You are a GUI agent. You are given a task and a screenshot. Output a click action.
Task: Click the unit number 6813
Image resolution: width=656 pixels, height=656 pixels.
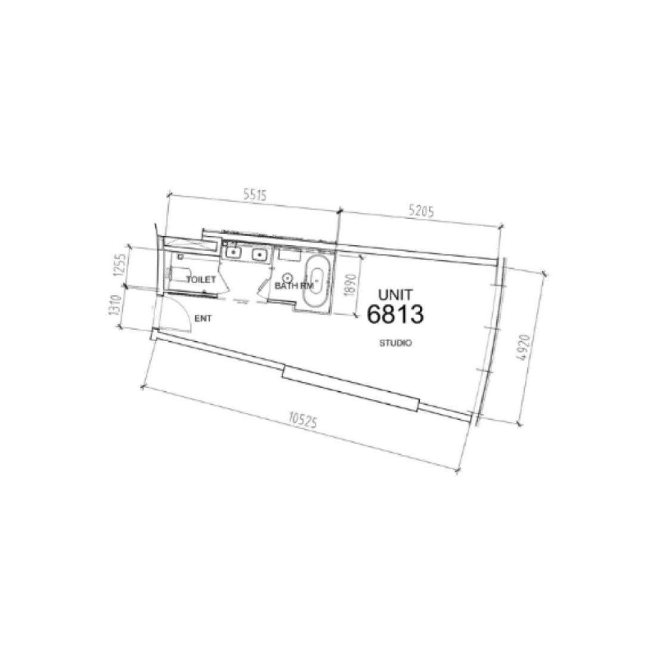point(395,314)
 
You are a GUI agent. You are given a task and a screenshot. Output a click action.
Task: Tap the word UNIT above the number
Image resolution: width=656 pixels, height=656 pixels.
point(395,294)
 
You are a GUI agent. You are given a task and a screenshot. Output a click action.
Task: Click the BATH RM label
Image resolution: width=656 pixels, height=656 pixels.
point(294,286)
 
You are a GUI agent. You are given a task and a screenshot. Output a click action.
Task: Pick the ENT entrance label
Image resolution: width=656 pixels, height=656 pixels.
point(203,319)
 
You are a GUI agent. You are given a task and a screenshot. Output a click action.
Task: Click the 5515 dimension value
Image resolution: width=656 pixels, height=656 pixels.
point(253,194)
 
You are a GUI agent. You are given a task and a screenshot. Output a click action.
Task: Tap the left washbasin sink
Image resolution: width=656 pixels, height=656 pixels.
point(233,252)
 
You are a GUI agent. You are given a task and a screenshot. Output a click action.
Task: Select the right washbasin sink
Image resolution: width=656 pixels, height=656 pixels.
point(260,255)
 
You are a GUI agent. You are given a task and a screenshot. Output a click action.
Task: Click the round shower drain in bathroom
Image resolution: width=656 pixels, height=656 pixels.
point(287,277)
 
